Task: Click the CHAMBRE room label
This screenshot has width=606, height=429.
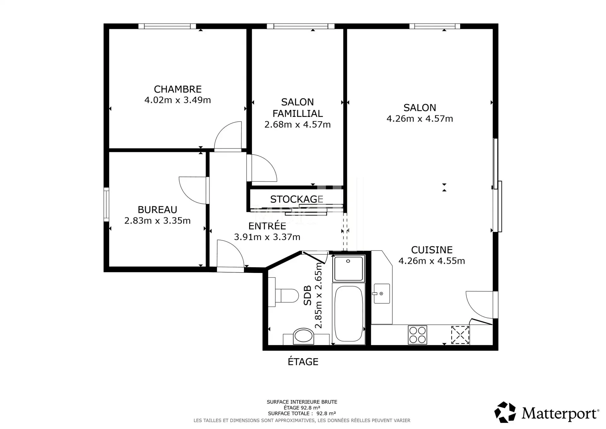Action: [x=178, y=89]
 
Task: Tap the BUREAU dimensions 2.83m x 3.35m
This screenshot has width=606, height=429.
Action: [x=157, y=221]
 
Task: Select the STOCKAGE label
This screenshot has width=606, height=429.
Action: [x=297, y=199]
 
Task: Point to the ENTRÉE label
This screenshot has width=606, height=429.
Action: [x=267, y=226]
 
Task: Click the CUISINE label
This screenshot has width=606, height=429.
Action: [x=432, y=250]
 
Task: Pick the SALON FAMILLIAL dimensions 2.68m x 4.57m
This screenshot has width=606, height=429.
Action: [x=297, y=124]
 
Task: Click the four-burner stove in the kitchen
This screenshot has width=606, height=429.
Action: [x=418, y=335]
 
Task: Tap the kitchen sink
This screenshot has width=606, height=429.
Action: [x=382, y=293]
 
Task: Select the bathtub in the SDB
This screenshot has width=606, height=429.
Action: [x=348, y=313]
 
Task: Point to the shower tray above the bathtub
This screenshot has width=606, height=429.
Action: [x=348, y=269]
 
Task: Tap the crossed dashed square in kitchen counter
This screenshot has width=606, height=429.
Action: [x=460, y=335]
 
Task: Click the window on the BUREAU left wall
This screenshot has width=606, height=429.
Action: [x=106, y=204]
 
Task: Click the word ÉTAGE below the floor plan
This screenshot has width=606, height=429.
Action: [x=303, y=361]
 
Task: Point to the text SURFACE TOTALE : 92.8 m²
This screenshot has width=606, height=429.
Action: [x=302, y=413]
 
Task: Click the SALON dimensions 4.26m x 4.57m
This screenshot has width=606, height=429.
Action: [x=420, y=119]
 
